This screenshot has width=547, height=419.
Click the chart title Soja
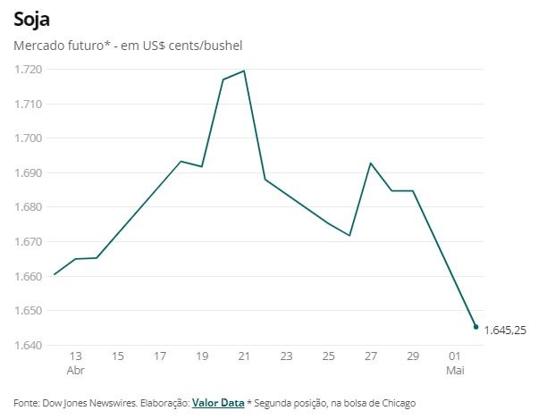[x=31, y=18]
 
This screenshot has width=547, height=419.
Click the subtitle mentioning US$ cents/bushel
[x=128, y=45]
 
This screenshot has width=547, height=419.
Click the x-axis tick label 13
[x=75, y=356]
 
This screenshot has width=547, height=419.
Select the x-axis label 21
[x=244, y=356]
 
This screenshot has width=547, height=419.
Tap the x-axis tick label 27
[x=371, y=356]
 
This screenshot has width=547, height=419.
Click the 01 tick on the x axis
[x=455, y=356]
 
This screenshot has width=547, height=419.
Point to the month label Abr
[x=75, y=370]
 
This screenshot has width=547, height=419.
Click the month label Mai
[x=455, y=370]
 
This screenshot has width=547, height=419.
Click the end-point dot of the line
[x=475, y=327]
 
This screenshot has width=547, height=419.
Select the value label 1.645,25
[x=505, y=331]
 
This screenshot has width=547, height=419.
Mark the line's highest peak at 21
[x=244, y=71]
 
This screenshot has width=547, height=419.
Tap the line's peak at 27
[x=371, y=163]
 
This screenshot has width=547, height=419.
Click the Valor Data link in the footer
[x=218, y=403]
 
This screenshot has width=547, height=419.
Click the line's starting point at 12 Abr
[x=55, y=274]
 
